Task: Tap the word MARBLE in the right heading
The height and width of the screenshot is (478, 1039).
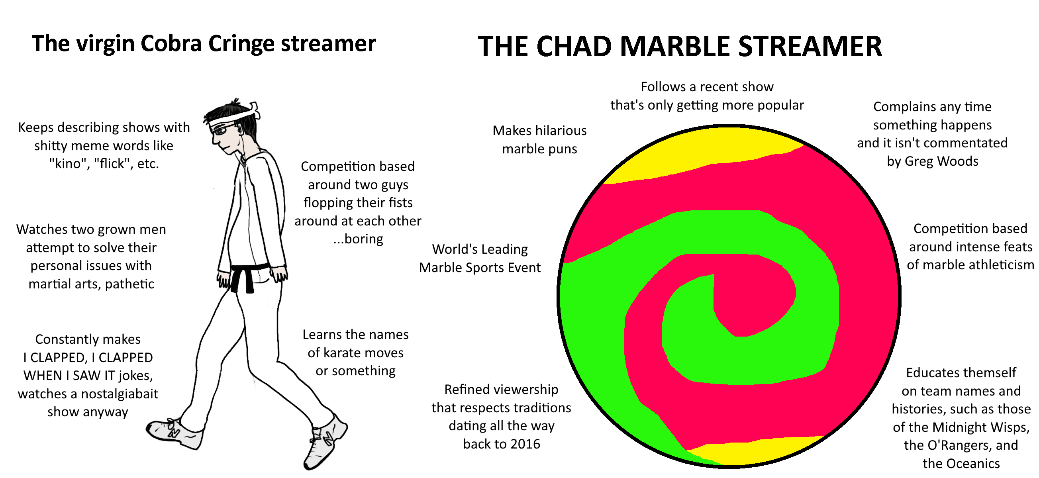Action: coord(674,46)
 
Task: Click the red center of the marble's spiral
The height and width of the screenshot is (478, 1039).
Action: coord(750,298)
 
